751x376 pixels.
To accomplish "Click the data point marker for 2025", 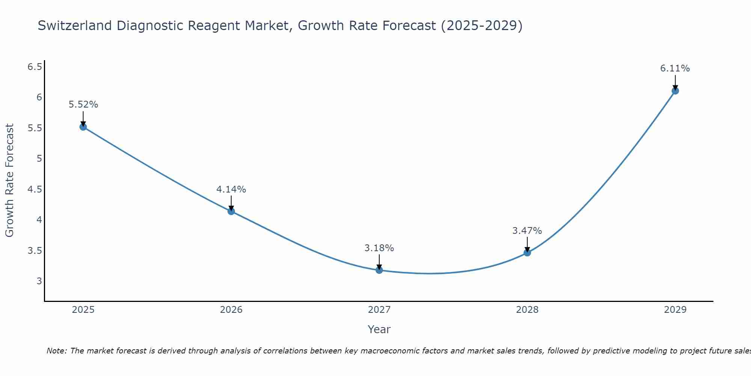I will (83, 127).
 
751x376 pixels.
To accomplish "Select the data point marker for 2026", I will (231, 211).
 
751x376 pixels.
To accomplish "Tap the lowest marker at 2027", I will (379, 270).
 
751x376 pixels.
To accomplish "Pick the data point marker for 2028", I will (527, 253).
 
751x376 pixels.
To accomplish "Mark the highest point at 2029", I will (675, 91).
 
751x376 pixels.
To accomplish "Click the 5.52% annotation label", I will (83, 105).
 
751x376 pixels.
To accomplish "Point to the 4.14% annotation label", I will (231, 190).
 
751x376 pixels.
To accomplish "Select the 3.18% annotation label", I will (379, 248).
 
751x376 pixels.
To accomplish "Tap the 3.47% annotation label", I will (527, 230).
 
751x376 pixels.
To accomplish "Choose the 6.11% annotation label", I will (675, 68).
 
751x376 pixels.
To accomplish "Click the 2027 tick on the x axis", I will (379, 310).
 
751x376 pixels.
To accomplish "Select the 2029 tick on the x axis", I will (675, 310).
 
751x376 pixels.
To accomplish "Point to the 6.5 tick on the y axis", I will (35, 67).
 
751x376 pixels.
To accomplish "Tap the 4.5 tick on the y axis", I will (35, 190).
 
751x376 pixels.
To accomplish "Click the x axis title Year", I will (379, 329).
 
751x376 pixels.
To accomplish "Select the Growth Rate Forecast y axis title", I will (10, 180).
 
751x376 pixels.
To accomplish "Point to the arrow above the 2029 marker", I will (675, 82).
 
